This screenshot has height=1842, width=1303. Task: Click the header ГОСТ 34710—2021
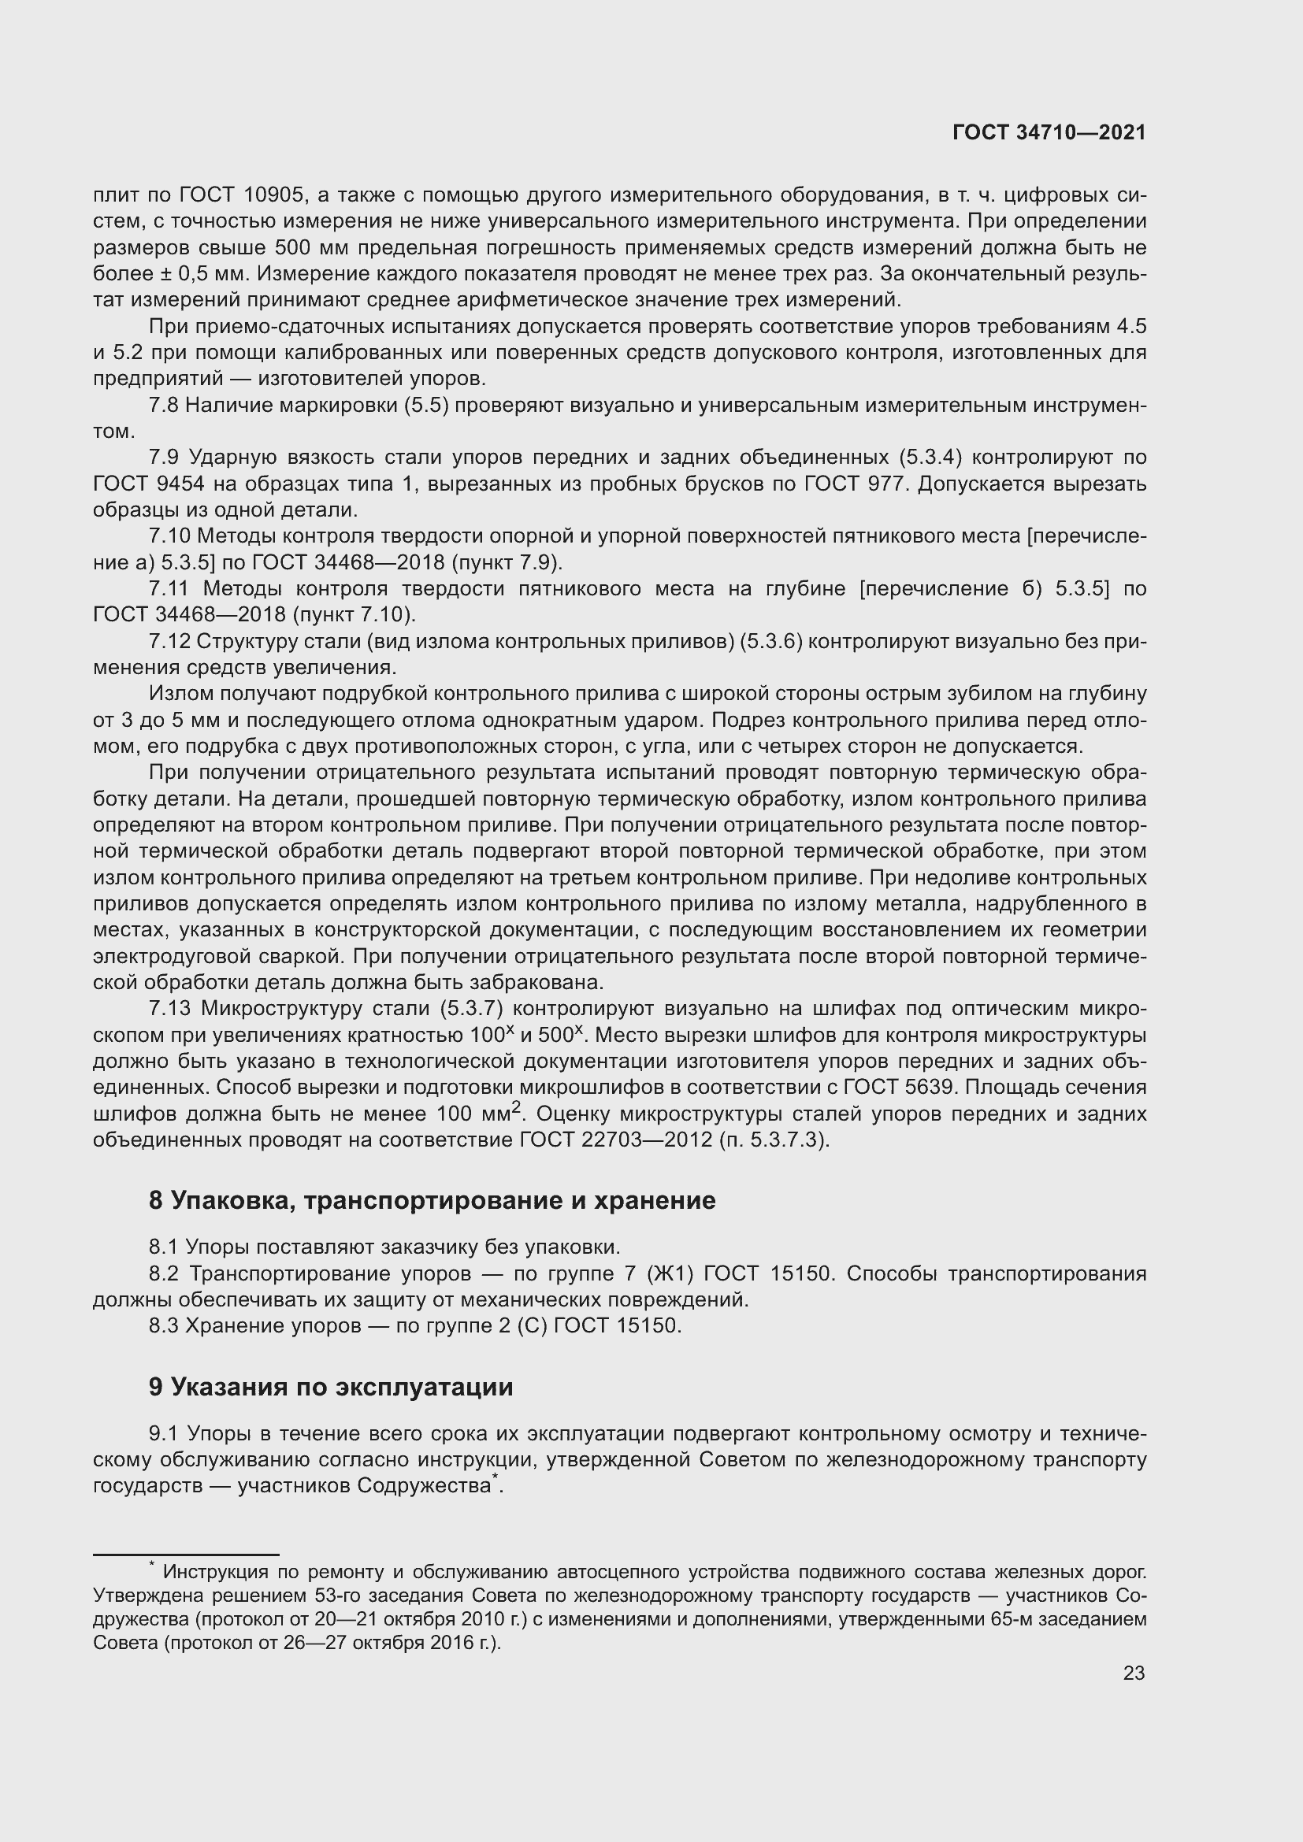pos(1049,133)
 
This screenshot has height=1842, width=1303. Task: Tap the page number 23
pos(1134,1673)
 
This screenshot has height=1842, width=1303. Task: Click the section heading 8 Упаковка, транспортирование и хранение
pos(432,1200)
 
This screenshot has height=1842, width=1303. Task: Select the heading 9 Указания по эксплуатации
pos(331,1386)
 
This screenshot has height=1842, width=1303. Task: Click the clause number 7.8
pos(163,406)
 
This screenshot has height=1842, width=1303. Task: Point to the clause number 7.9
pos(163,458)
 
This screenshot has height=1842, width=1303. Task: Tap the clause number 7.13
pos(169,1009)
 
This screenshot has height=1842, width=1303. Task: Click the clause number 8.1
pos(163,1247)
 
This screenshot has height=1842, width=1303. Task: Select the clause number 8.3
pos(163,1326)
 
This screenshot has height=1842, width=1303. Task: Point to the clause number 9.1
pos(163,1433)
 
